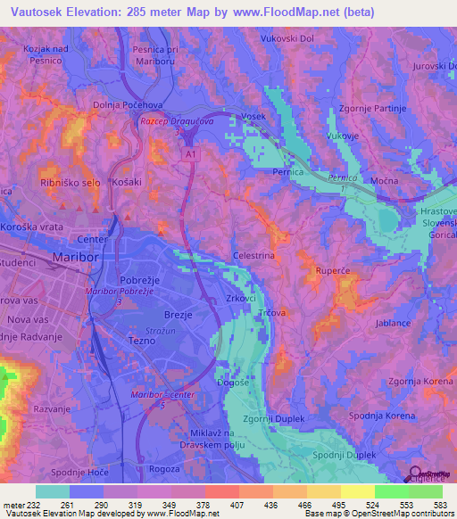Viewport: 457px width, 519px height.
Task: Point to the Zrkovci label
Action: click(243, 299)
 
